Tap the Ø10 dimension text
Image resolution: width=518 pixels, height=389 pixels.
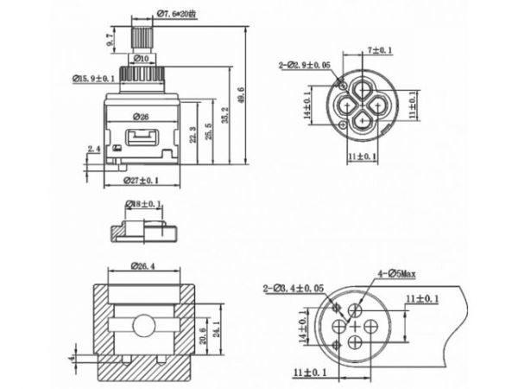click(143, 59)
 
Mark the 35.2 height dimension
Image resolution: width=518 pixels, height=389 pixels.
click(227, 112)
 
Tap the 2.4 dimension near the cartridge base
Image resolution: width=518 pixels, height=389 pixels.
click(93, 150)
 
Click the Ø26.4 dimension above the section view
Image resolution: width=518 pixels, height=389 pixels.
click(143, 265)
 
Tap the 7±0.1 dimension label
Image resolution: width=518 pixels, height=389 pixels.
click(379, 51)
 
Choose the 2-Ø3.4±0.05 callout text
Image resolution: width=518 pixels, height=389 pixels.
click(294, 287)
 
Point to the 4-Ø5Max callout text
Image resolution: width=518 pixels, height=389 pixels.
click(395, 273)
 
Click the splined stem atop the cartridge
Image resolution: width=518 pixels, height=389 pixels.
click(142, 37)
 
